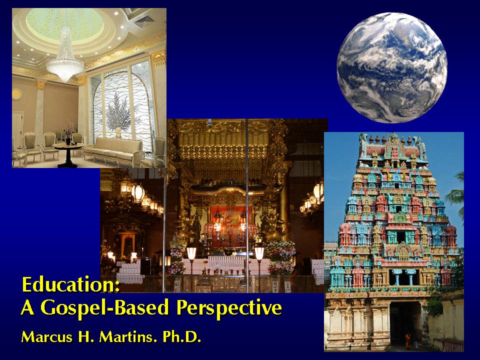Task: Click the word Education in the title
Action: pyautogui.click(x=70, y=284)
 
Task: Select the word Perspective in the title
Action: pyautogui.click(x=229, y=307)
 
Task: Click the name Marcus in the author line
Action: pyautogui.click(x=47, y=336)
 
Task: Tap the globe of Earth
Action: pyautogui.click(x=392, y=67)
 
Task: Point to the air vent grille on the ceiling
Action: pyautogui.click(x=144, y=21)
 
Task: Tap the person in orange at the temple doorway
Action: pyautogui.click(x=408, y=341)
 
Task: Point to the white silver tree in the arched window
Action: pyautogui.click(x=118, y=114)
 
